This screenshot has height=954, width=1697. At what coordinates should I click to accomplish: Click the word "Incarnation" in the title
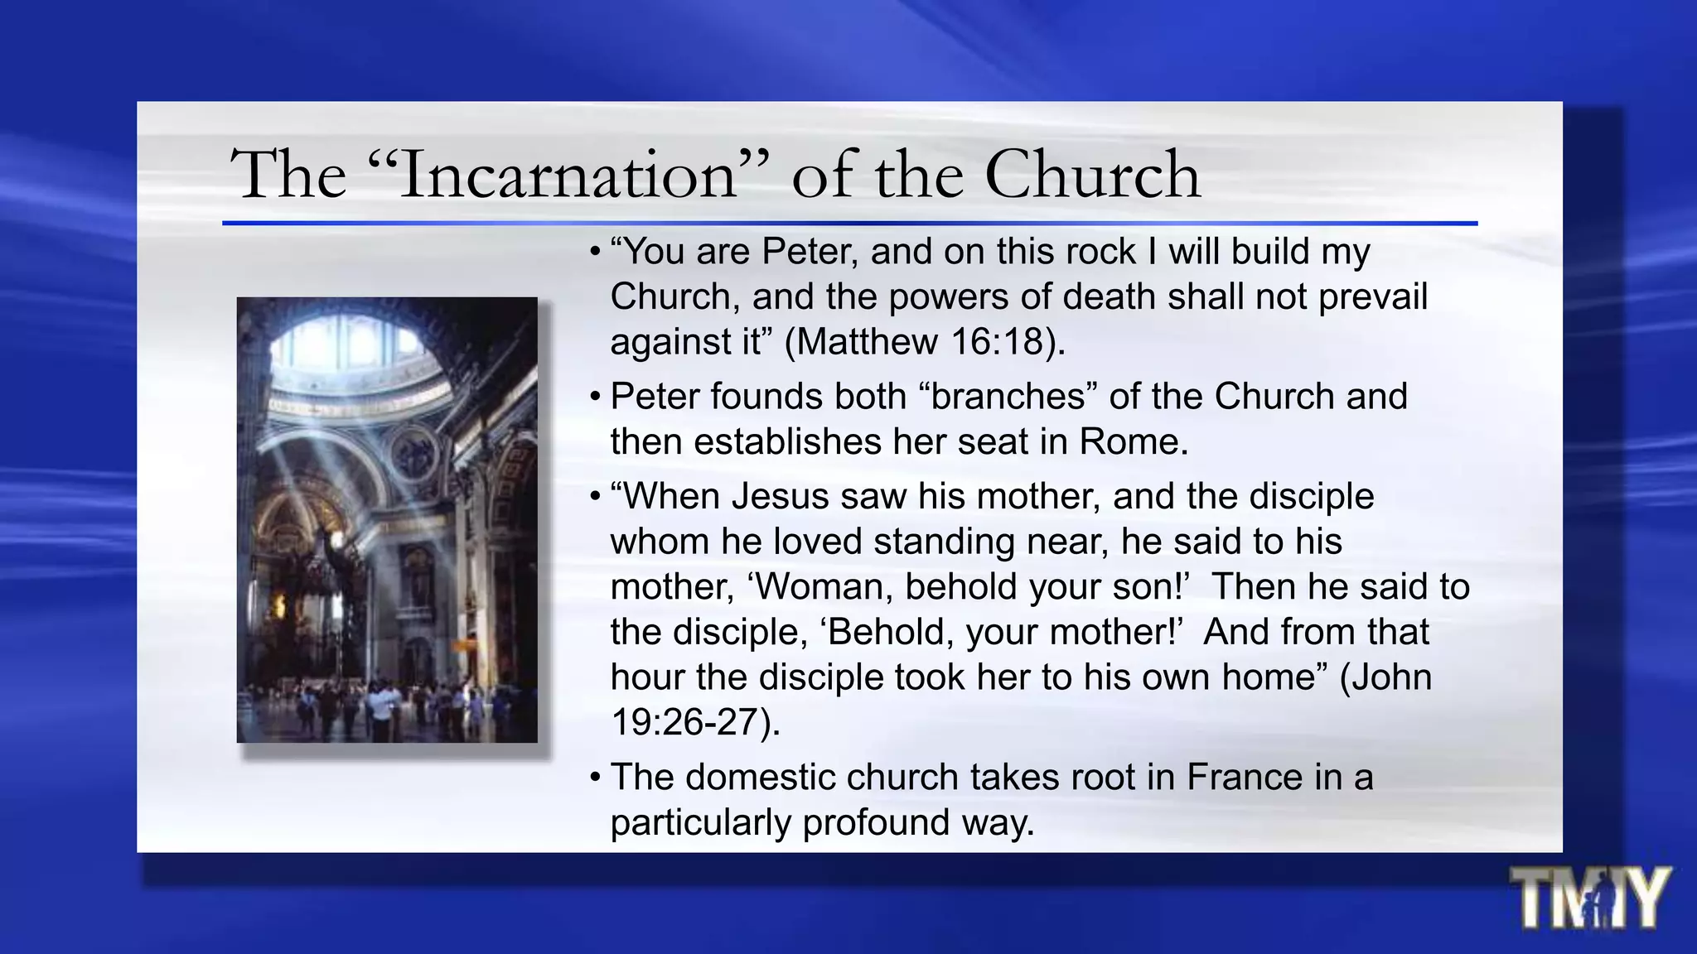pos(568,176)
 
